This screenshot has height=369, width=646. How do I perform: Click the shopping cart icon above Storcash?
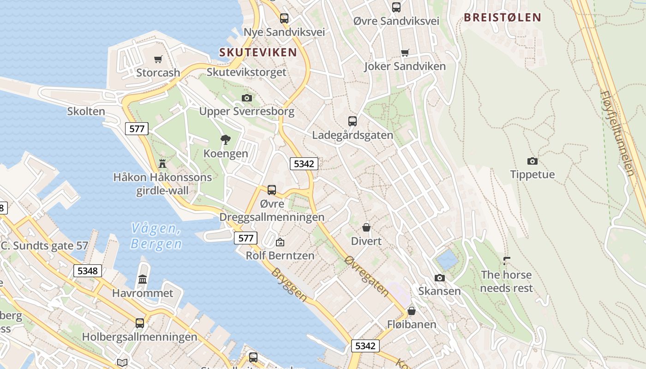tap(158, 59)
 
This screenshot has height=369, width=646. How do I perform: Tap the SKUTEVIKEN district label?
tap(258, 52)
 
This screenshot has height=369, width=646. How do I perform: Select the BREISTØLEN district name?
tap(502, 18)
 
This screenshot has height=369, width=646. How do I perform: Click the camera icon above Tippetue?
tap(532, 161)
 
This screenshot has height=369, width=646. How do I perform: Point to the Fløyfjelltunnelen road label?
tap(617, 133)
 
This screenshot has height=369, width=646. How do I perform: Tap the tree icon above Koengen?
tap(226, 140)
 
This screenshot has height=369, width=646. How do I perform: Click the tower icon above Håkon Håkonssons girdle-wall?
tap(162, 163)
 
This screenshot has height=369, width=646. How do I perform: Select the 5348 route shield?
tap(87, 271)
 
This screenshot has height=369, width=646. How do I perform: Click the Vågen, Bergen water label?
tap(156, 236)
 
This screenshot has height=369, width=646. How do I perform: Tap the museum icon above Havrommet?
tap(143, 280)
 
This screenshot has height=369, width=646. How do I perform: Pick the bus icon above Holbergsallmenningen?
tap(139, 323)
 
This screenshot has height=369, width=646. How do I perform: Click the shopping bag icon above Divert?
tap(366, 227)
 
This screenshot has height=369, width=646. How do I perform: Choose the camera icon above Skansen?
tap(439, 278)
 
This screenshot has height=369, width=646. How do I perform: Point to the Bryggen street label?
tap(289, 285)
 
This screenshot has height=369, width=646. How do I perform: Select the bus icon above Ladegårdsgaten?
tap(353, 121)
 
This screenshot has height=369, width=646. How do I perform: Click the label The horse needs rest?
tap(506, 281)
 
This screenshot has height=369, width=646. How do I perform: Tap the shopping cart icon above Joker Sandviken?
tap(405, 53)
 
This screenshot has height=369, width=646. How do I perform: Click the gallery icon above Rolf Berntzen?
tap(280, 242)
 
